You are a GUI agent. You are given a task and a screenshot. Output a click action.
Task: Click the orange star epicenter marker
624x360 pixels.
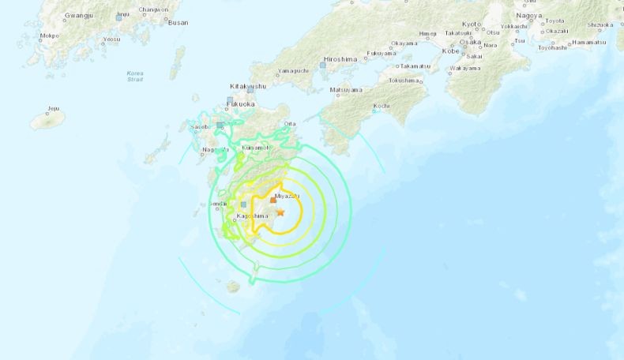(x=280, y=212)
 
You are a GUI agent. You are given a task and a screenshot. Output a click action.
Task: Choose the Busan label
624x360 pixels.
(x=179, y=23)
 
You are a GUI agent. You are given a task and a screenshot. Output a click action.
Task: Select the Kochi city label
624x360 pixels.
(x=381, y=105)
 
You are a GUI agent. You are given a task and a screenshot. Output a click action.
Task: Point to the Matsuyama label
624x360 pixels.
(x=345, y=89)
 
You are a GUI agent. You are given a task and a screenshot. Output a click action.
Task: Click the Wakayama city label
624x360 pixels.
(x=465, y=69)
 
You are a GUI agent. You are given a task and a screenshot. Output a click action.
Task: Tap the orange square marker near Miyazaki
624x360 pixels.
(x=273, y=201)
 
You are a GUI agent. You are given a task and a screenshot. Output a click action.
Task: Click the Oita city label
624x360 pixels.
(x=290, y=124)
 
